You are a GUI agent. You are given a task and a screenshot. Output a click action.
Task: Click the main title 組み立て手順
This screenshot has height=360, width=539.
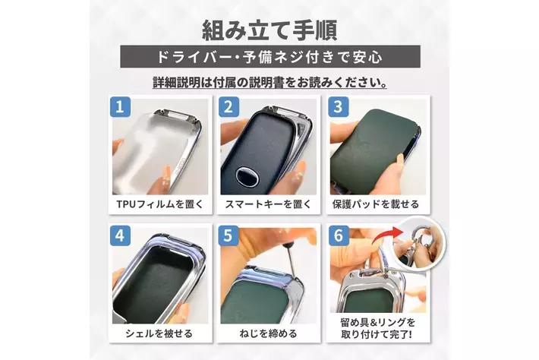click(269, 30)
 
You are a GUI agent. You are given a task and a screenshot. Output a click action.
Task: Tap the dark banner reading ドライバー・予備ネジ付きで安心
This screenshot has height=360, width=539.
click(269, 56)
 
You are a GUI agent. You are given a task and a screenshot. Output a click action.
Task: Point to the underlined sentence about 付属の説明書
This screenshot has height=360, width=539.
click(269, 83)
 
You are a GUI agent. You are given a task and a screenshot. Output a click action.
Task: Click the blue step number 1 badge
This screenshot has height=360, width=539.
click(120, 106)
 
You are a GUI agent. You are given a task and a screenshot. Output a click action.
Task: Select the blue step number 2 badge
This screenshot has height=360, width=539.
click(229, 106)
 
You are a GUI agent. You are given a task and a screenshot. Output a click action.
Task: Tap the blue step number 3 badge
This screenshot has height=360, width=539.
click(339, 106)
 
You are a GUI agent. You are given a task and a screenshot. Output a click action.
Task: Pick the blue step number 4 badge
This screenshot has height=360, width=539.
click(120, 235)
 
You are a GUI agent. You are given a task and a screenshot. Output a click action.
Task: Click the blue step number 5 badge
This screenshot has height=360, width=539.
click(229, 235)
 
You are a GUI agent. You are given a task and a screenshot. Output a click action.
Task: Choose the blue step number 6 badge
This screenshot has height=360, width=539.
click(339, 235)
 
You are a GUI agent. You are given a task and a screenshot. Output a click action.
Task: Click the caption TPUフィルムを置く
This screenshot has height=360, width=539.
click(160, 204)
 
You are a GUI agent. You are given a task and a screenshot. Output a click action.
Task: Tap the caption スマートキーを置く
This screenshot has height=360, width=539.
click(268, 204)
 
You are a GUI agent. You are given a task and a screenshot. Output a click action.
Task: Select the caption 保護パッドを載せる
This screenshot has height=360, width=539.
click(376, 204)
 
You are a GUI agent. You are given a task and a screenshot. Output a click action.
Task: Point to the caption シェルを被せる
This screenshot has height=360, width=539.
click(159, 333)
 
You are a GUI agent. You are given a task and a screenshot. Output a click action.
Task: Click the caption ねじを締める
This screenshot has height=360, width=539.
click(268, 333)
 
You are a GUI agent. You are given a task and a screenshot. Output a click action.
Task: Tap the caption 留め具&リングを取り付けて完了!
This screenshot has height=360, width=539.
click(377, 328)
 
